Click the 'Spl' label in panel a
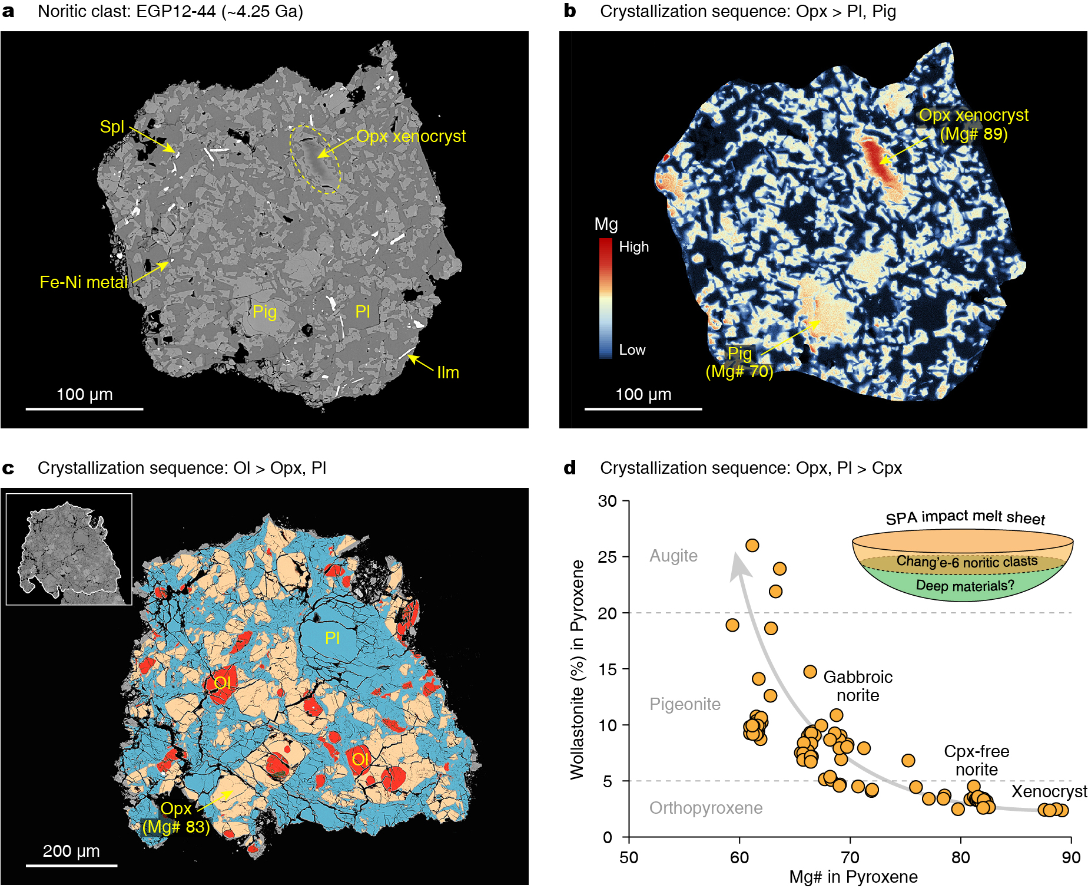point(112,127)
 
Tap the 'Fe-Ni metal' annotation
point(83,282)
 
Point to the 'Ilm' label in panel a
point(447,372)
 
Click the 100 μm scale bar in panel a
point(84,408)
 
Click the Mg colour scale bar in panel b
point(605,298)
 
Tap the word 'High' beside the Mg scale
point(633,247)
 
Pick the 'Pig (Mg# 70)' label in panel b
point(739,362)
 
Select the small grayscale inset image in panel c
point(69,549)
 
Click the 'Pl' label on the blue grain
point(332,638)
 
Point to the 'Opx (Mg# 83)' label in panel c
point(176,817)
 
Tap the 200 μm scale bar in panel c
point(71,865)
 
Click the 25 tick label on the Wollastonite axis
point(607,557)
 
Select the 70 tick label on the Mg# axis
point(850,857)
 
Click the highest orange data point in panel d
point(752,546)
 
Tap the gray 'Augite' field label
point(673,556)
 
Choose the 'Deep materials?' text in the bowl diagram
point(965,586)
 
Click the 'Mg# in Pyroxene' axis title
point(853,877)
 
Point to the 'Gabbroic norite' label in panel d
point(858,686)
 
